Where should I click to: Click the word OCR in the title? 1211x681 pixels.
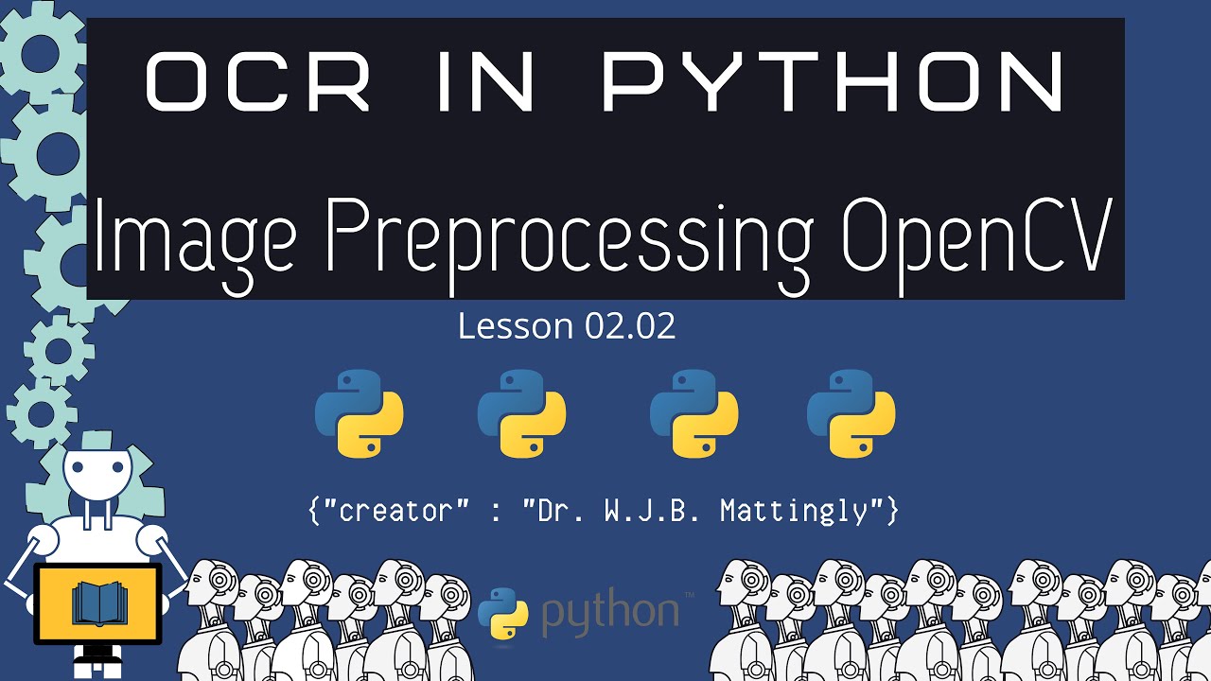coord(257,83)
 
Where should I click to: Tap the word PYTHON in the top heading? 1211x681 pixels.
coord(834,83)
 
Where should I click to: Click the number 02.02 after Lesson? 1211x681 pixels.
coord(630,326)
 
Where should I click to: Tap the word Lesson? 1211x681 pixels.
coord(516,326)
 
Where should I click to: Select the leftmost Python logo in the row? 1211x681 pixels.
coord(360,413)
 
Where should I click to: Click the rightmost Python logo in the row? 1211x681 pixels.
coord(851,413)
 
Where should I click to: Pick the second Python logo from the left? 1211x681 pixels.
coord(522,413)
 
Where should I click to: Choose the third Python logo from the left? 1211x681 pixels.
coord(693,413)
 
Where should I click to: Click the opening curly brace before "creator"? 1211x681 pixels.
coord(314,512)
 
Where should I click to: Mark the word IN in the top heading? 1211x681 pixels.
coord(487,83)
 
